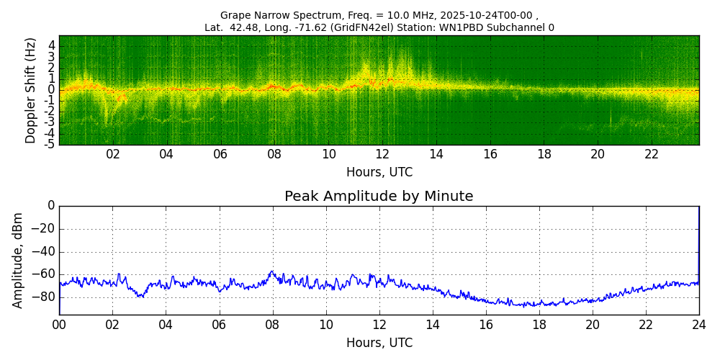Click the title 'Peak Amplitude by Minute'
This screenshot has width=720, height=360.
(x=379, y=197)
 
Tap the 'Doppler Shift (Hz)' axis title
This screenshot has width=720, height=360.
(x=31, y=91)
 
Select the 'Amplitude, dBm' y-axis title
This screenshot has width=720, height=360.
(x=19, y=260)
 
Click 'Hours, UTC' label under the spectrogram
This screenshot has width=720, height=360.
(x=379, y=172)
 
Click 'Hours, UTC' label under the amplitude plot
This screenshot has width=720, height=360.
(x=379, y=343)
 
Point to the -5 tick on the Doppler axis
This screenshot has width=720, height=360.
(x=51, y=144)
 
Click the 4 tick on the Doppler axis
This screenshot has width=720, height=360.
(x=52, y=45)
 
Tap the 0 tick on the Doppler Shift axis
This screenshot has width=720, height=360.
(x=52, y=89)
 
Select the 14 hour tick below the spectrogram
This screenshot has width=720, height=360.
(x=436, y=155)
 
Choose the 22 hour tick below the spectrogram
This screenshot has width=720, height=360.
(x=652, y=155)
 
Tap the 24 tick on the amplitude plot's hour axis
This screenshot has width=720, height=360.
(x=698, y=325)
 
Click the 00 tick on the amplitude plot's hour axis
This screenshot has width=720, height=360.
(x=59, y=325)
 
